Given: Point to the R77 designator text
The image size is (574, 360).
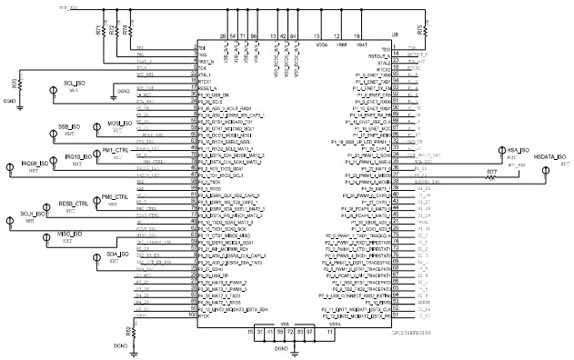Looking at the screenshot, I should click(x=491, y=171).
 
